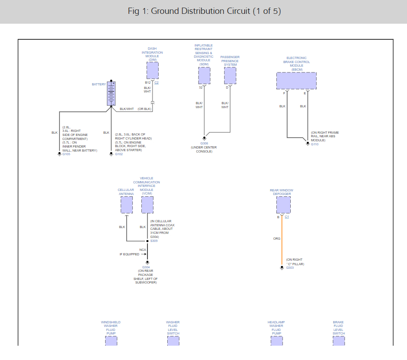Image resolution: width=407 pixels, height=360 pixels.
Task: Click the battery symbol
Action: [111, 93]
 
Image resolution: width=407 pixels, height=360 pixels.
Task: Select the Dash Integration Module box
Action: [153, 70]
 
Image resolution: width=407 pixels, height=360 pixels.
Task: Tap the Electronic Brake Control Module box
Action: [296, 81]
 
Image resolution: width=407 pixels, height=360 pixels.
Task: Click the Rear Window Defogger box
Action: [283, 205]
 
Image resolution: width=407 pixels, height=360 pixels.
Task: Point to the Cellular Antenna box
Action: [127, 205]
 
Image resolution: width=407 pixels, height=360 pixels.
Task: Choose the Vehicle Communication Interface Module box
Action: [147, 205]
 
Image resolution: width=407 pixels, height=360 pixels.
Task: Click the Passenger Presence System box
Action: [230, 76]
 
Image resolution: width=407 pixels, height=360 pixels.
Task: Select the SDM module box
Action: [204, 76]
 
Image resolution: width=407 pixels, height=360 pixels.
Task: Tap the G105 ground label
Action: [66, 154]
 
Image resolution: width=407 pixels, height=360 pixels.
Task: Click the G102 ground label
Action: [119, 154]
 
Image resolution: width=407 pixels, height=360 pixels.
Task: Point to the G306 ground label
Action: [204, 144]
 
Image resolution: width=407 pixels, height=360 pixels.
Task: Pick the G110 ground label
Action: [315, 144]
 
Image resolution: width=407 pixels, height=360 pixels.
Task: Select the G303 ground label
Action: [290, 268]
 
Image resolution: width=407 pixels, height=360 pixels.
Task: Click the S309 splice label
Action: [154, 241]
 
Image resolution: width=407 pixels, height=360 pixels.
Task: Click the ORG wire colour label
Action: [277, 239]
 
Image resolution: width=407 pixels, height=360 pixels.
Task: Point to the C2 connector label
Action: [157, 83]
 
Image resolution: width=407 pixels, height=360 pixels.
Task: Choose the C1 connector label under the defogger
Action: [287, 217]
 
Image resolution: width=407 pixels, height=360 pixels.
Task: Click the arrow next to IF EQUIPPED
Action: [144, 254]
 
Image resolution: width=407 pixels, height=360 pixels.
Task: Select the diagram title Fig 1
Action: [204, 11]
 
